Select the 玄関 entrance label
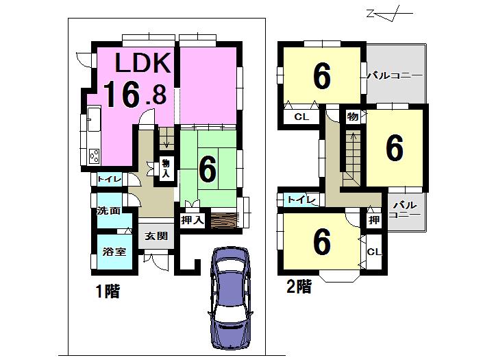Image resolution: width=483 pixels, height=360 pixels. click(x=156, y=237)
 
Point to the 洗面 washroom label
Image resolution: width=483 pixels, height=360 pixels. click(x=108, y=211)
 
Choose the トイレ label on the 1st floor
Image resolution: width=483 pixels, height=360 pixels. click(x=109, y=180)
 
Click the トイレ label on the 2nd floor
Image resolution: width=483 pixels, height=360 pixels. click(x=301, y=200)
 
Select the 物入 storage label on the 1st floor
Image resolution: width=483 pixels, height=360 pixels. click(x=166, y=168)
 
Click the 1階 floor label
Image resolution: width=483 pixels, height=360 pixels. click(x=108, y=292)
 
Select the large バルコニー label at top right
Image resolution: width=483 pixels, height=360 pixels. click(x=393, y=75)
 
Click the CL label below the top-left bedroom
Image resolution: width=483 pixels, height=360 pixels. click(x=301, y=117)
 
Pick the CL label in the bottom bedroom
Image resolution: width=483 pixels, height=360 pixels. click(x=374, y=252)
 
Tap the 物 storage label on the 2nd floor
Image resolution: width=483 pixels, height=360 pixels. click(x=352, y=117)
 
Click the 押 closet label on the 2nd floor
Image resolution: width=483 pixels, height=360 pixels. click(x=373, y=219)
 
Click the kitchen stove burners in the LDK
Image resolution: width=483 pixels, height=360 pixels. click(x=95, y=156)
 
